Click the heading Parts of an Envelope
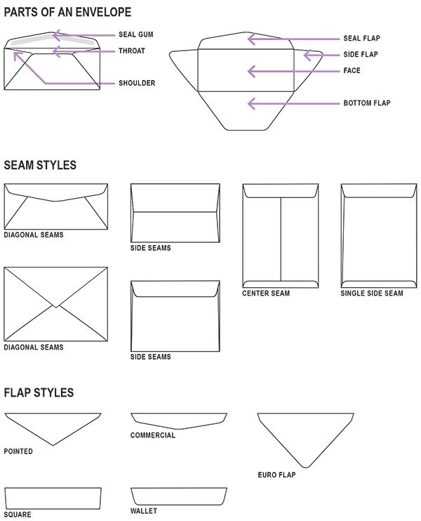pyautogui.click(x=67, y=13)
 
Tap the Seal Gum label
pyautogui.click(x=136, y=34)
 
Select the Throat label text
pyautogui.click(x=132, y=51)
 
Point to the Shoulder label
pyautogui.click(x=137, y=83)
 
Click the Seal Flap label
pyautogui.click(x=361, y=38)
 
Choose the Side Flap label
pyautogui.click(x=361, y=55)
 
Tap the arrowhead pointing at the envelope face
pyautogui.click(x=251, y=72)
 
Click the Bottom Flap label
pyautogui.click(x=367, y=103)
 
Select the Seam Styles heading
pyautogui.click(x=40, y=165)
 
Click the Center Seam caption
pyautogui.click(x=266, y=294)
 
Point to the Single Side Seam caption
pyautogui.click(x=372, y=294)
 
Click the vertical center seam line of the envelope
pyautogui.click(x=281, y=239)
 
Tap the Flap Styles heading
pyautogui.click(x=39, y=393)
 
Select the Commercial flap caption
pyautogui.click(x=153, y=435)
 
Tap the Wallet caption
pyautogui.click(x=143, y=511)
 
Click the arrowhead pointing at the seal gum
pyautogui.click(x=56, y=35)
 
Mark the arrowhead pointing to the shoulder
pyautogui.click(x=18, y=55)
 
